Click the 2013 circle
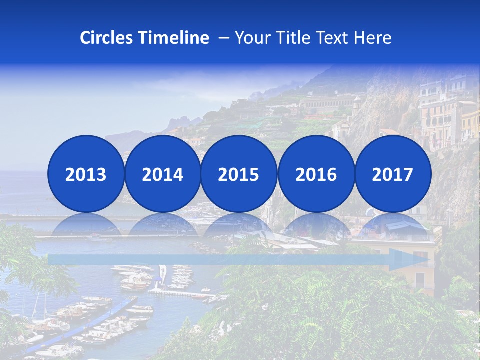[x=86, y=174]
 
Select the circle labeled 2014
[x=163, y=174]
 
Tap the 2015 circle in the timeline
[x=239, y=174]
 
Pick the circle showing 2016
[x=316, y=174]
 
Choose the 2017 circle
[x=393, y=174]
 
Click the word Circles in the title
[x=106, y=38]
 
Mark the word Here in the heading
[x=372, y=38]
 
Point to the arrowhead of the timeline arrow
[x=408, y=259]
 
